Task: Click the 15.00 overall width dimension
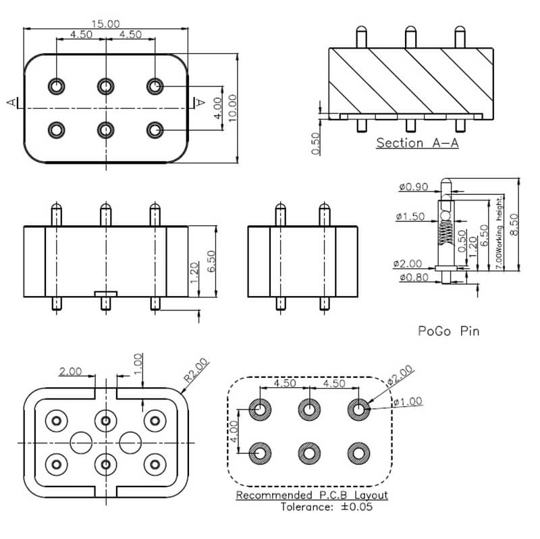click(106, 24)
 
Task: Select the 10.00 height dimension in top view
click(232, 108)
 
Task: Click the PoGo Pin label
click(449, 331)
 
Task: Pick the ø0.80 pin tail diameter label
click(414, 277)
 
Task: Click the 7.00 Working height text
click(499, 233)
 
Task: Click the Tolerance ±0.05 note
click(327, 507)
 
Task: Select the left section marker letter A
click(11, 103)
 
